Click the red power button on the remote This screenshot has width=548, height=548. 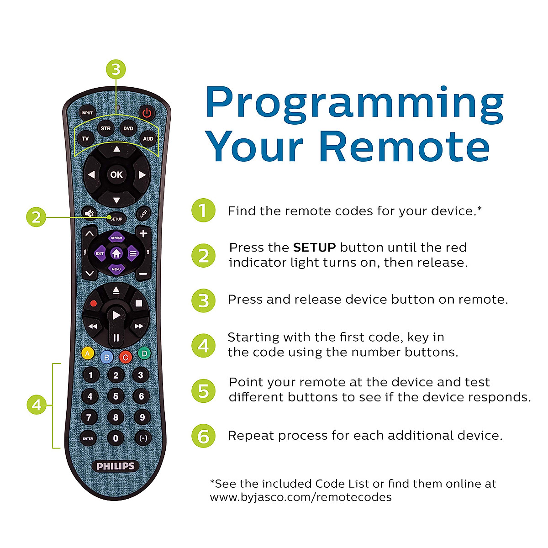pyautogui.click(x=146, y=113)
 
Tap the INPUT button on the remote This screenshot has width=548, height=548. pyautogui.click(x=87, y=113)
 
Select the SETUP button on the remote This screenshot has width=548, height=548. pyautogui.click(x=116, y=219)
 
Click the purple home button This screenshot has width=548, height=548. pyautogui.click(x=116, y=253)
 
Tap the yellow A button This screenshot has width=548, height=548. pyautogui.click(x=87, y=353)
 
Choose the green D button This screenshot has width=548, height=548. pyautogui.click(x=144, y=353)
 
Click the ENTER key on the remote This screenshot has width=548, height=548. pyautogui.click(x=88, y=438)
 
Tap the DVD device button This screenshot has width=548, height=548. pyautogui.click(x=128, y=129)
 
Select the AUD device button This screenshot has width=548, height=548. pyautogui.click(x=148, y=138)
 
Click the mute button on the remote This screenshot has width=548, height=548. pyautogui.click(x=89, y=213)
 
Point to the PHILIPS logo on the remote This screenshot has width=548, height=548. pyautogui.click(x=116, y=466)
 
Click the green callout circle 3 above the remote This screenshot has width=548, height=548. pyautogui.click(x=116, y=69)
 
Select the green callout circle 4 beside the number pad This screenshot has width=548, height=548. pyautogui.click(x=37, y=405)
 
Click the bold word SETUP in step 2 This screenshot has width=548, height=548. pyautogui.click(x=314, y=248)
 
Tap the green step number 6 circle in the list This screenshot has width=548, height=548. pyautogui.click(x=203, y=436)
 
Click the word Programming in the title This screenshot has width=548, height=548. pyautogui.click(x=354, y=103)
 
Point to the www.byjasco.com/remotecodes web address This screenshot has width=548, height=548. pyautogui.click(x=300, y=497)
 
